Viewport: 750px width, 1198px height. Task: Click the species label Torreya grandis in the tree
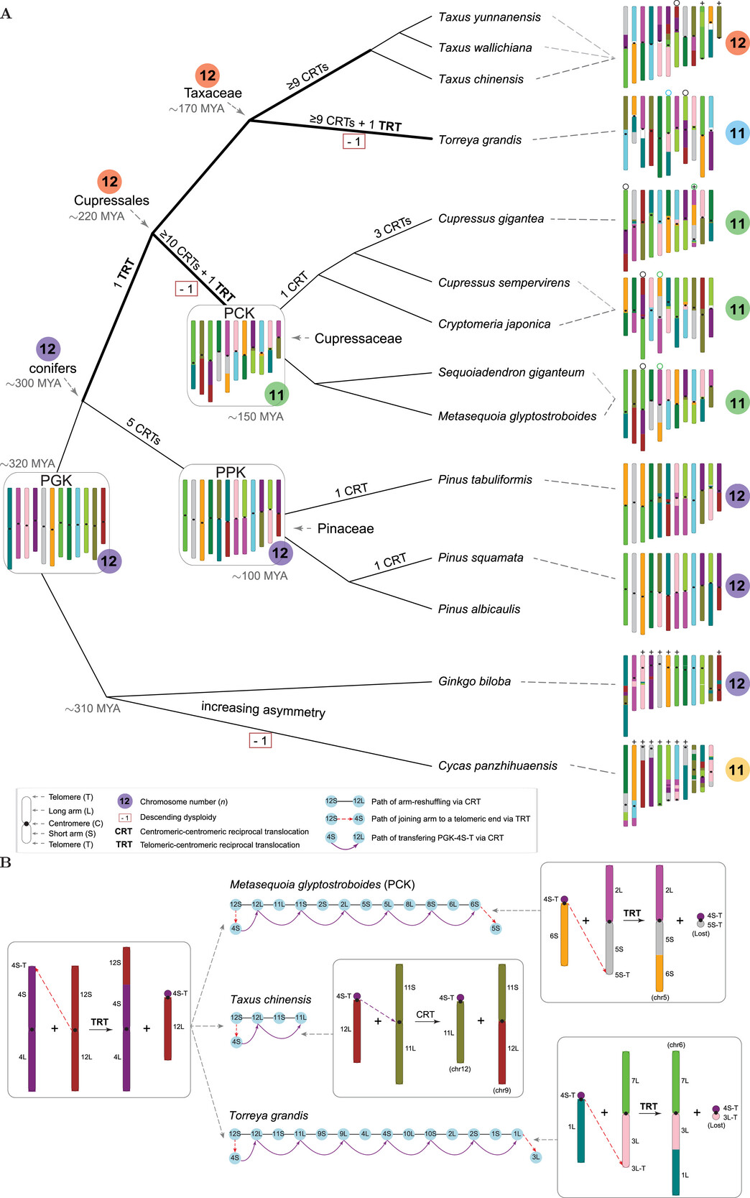tap(480, 140)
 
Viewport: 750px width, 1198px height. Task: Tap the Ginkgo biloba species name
tap(474, 681)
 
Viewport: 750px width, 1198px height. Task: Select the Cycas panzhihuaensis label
tap(497, 766)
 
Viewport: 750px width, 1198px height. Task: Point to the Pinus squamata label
tap(481, 558)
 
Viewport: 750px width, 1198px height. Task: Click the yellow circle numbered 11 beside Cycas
tap(736, 770)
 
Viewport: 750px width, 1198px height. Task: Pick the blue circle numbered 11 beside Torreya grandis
tap(737, 133)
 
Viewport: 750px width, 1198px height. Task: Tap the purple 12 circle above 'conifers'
tap(47, 349)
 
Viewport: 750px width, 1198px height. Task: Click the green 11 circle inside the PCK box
tap(277, 394)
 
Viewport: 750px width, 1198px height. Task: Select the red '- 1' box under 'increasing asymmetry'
tap(260, 740)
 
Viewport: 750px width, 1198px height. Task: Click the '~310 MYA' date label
tap(93, 709)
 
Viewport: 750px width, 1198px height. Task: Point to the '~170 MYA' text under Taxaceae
tap(197, 109)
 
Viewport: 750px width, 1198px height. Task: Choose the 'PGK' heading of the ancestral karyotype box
tap(56, 480)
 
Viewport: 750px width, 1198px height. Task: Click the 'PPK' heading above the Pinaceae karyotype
tap(231, 472)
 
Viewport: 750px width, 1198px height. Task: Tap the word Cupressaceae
tap(358, 338)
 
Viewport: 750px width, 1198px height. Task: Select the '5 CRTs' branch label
tap(144, 431)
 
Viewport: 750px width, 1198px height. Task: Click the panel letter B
tap(6, 862)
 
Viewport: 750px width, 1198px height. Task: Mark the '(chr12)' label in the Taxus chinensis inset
tap(460, 1069)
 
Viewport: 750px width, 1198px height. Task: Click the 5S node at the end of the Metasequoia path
tap(496, 929)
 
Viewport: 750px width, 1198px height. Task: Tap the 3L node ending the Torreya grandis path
tap(535, 1157)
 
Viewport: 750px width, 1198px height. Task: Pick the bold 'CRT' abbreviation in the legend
tap(124, 831)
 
